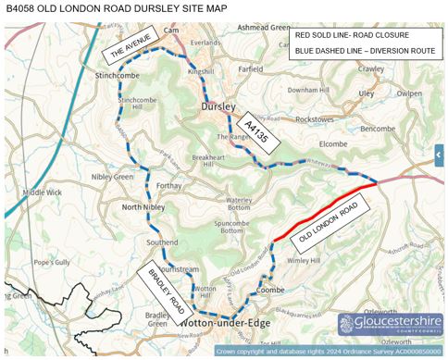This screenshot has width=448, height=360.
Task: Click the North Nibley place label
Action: pyautogui.click(x=143, y=207)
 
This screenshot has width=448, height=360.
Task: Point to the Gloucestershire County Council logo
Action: pyautogui.click(x=390, y=324)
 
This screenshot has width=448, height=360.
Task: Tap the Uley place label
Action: pyautogui.click(x=367, y=93)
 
